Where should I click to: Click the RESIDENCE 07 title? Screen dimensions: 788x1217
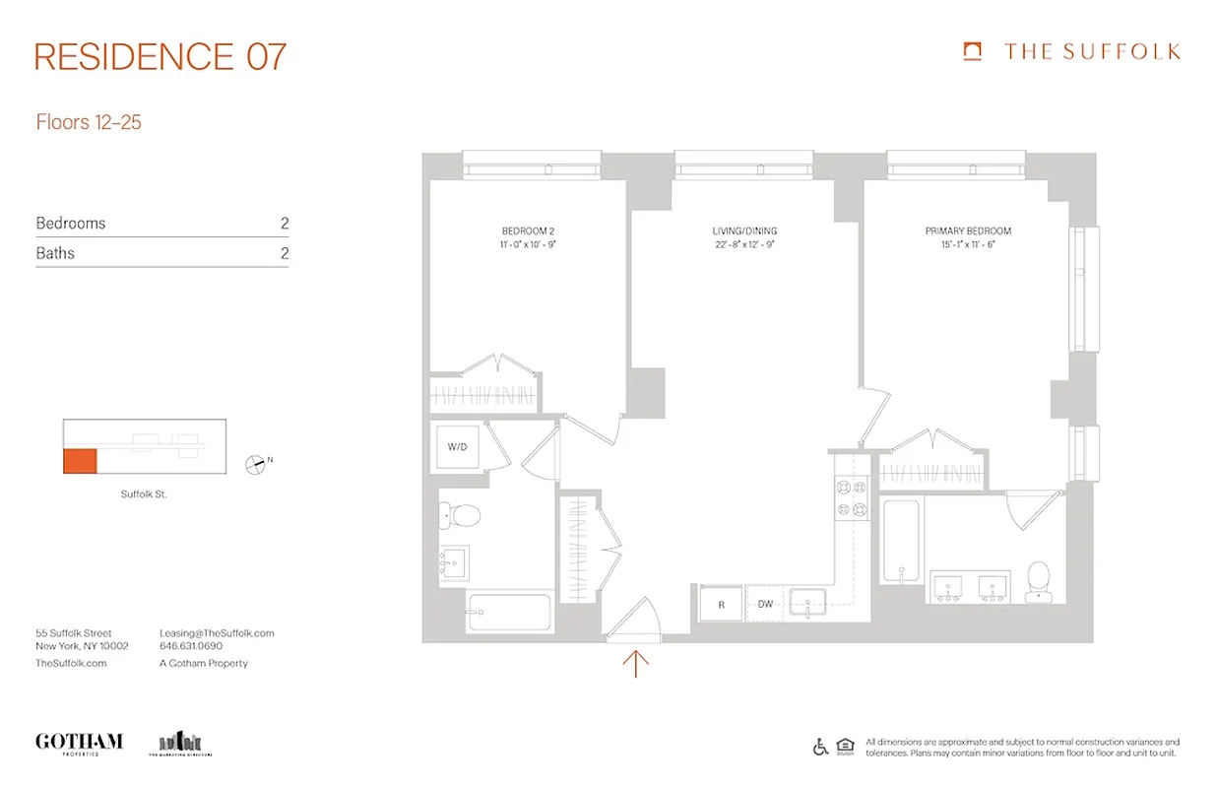pyautogui.click(x=160, y=56)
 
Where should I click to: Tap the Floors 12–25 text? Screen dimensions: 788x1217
pyautogui.click(x=89, y=123)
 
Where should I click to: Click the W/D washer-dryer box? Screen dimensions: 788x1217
pyautogui.click(x=458, y=447)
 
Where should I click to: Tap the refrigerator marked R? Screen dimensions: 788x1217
pyautogui.click(x=721, y=604)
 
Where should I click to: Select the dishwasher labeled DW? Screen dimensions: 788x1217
pyautogui.click(x=765, y=604)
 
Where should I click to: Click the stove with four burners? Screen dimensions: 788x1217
pyautogui.click(x=851, y=497)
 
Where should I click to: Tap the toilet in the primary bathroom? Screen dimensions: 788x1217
pyautogui.click(x=1038, y=580)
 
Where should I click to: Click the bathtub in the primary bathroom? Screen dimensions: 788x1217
pyautogui.click(x=901, y=542)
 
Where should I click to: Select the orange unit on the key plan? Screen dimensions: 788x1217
pyautogui.click(x=80, y=460)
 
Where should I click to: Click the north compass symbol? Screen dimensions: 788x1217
pyautogui.click(x=256, y=462)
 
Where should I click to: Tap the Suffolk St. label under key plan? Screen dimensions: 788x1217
pyautogui.click(x=144, y=493)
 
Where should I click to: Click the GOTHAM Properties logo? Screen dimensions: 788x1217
pyautogui.click(x=79, y=743)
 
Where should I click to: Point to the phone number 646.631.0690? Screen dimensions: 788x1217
pyautogui.click(x=191, y=647)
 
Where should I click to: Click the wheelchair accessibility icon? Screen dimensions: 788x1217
pyautogui.click(x=820, y=747)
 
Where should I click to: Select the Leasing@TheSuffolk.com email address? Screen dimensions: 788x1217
pyautogui.click(x=217, y=632)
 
